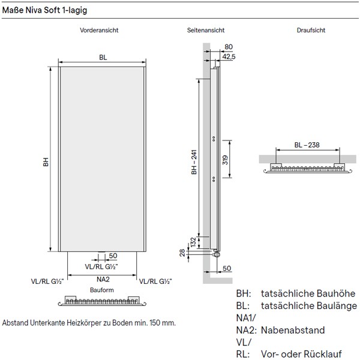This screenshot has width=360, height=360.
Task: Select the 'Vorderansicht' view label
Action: coord(101,31)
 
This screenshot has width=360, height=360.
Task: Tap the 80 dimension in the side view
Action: coord(228,47)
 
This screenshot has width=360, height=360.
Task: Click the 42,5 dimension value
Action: coord(229,56)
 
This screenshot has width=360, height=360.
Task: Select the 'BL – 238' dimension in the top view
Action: coord(307,145)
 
